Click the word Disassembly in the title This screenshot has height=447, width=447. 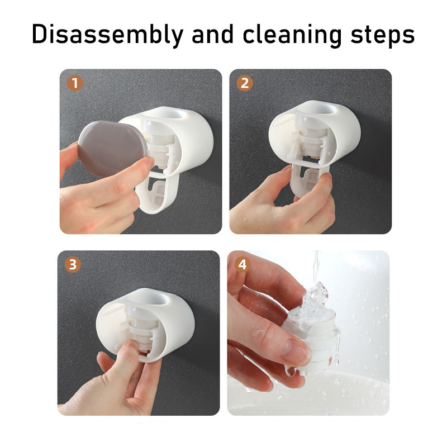107,35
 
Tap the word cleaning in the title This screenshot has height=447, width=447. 292,35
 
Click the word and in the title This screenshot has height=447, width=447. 213,34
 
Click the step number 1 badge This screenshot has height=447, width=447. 75,83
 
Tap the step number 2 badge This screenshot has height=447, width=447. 245,83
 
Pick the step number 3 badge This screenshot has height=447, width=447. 73,264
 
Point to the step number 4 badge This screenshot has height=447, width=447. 242,264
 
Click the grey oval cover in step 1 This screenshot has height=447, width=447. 113,149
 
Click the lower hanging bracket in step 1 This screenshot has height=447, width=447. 157,192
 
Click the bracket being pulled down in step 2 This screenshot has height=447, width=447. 310,179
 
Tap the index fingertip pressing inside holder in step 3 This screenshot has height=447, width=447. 132,346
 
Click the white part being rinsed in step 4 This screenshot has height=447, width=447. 313,342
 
